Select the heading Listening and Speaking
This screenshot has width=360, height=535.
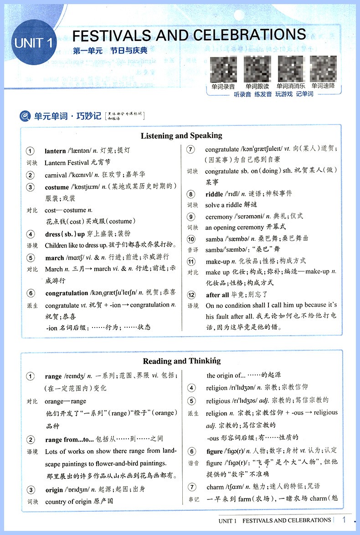(181, 135)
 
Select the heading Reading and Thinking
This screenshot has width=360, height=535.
(181, 361)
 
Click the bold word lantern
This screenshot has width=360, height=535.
(55, 151)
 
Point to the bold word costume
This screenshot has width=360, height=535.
(57, 187)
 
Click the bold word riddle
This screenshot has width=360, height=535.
(214, 194)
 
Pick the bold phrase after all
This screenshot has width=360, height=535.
(217, 295)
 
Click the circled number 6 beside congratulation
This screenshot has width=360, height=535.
(30, 293)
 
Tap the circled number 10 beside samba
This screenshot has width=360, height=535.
(191, 239)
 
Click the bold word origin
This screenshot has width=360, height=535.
(54, 490)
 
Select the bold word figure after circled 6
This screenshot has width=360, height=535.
(214, 451)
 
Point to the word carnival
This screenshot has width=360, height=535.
(56, 175)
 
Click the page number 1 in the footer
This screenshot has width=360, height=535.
(344, 520)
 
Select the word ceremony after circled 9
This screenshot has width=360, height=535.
(219, 217)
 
